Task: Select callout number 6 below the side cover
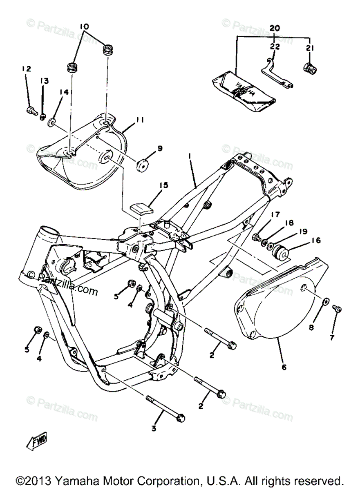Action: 284,367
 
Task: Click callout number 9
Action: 160,148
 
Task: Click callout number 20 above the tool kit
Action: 275,28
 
